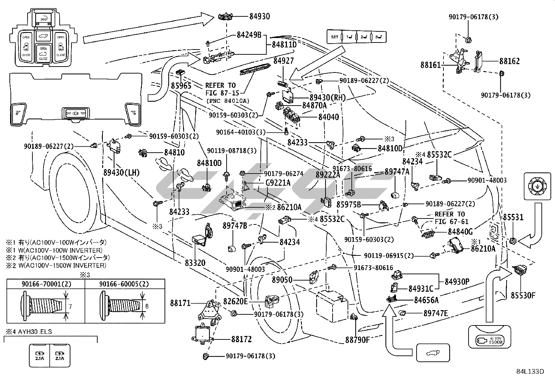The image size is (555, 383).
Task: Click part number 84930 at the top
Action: point(259,16)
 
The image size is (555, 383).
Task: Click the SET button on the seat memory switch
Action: point(334,37)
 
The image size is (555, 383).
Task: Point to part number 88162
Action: point(509,61)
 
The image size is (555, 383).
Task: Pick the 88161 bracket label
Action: point(431,65)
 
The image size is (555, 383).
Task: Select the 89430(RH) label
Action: point(327,98)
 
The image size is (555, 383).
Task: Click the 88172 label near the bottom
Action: point(241,339)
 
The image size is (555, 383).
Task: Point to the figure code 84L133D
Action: point(530,371)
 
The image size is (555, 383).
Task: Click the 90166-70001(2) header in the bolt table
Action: point(46,284)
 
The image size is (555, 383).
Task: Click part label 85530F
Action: point(523,296)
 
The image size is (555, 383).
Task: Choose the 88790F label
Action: point(357,339)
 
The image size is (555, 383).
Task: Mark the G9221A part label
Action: point(278,182)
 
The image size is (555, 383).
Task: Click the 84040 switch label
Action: point(328,117)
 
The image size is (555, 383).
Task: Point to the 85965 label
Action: point(181,85)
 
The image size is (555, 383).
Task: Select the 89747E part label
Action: point(436,313)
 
